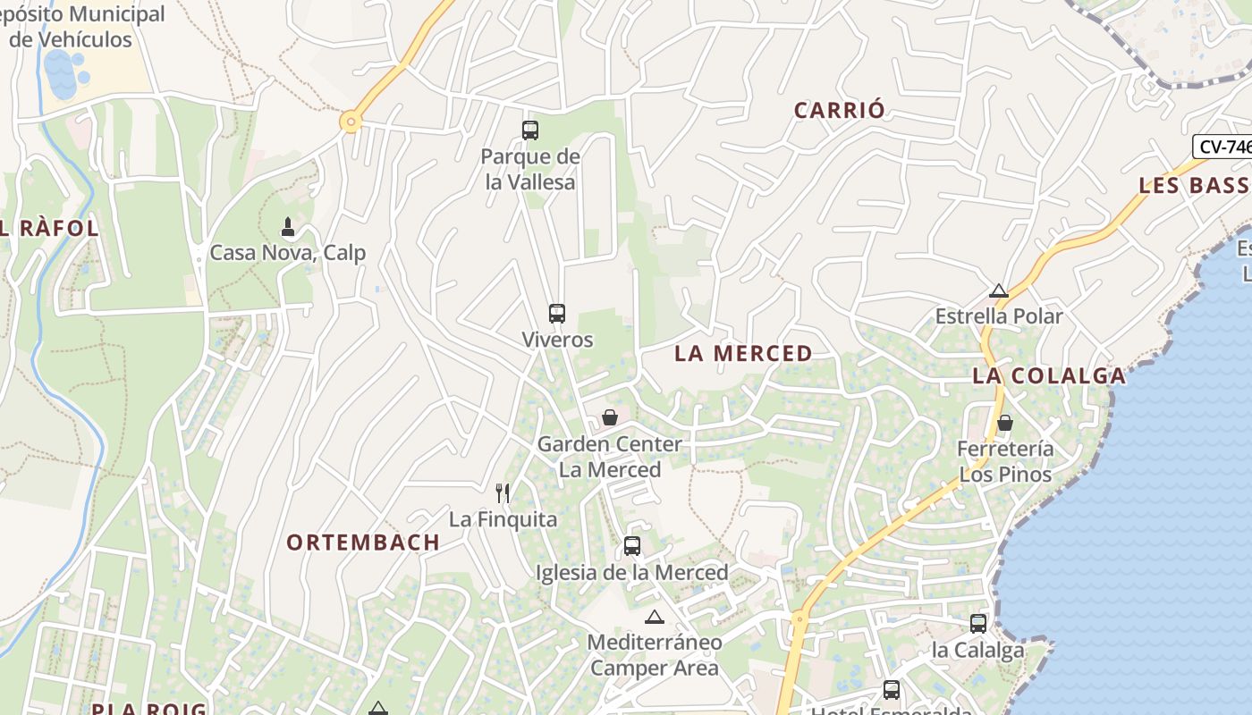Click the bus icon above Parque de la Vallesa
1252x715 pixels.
[530, 130]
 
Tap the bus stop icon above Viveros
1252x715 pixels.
[557, 314]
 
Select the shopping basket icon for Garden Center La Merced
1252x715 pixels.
[610, 417]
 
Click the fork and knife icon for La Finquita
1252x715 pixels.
[503, 492]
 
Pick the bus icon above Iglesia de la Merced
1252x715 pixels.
[632, 545]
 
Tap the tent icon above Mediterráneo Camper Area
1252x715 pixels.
[655, 617]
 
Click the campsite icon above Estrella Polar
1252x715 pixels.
[999, 290]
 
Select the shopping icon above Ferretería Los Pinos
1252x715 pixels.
[1005, 422]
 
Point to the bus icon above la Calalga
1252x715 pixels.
[978, 623]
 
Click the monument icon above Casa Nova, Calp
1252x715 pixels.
[288, 227]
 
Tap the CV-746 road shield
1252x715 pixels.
[1223, 147]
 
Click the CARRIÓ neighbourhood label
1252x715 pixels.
[840, 110]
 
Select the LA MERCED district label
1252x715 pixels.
[743, 353]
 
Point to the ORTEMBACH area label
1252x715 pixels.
[363, 542]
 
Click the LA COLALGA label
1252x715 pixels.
[1049, 375]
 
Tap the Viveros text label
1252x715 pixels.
[557, 340]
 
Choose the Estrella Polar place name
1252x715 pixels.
[999, 316]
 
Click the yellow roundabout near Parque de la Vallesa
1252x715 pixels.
[351, 121]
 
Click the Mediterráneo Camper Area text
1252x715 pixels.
[655, 655]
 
